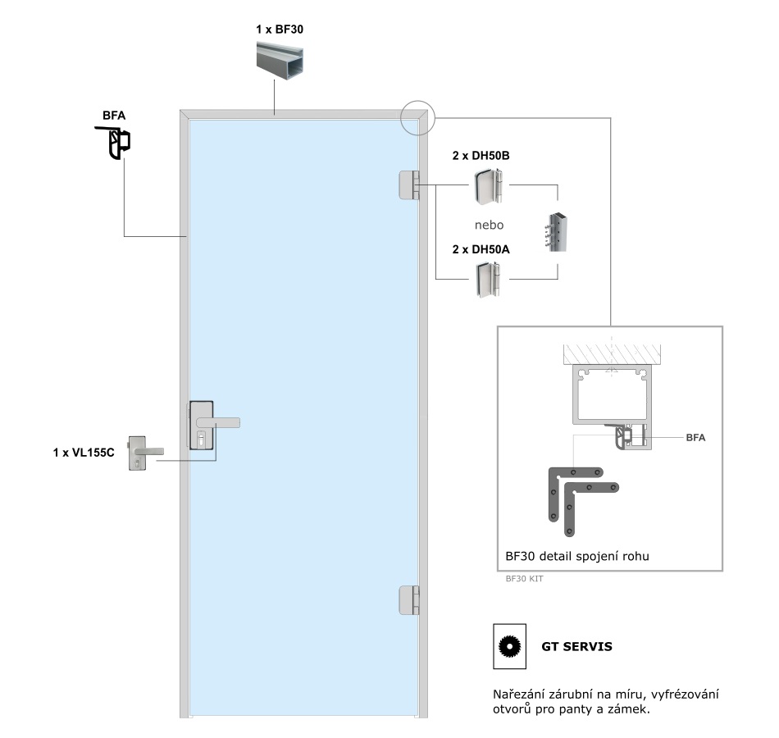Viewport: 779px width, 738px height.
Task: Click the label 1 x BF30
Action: [280, 30]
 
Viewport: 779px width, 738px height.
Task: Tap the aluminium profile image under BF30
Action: [280, 61]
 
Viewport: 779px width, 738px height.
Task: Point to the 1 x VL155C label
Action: [84, 452]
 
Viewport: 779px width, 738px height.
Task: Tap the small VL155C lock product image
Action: [143, 453]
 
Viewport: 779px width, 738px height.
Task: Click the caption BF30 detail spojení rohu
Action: [577, 556]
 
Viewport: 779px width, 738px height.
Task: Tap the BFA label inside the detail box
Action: [695, 438]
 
